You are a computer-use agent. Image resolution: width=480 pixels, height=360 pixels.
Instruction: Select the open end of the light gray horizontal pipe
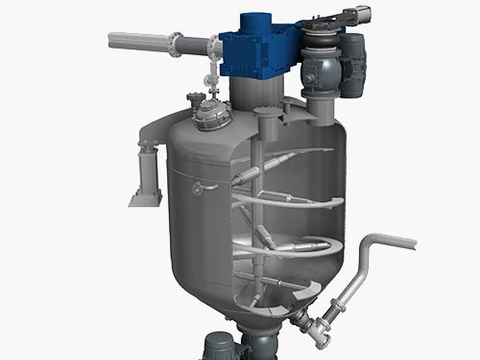[x=113, y=41]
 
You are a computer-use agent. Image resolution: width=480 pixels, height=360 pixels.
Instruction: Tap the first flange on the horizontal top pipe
[x=175, y=44]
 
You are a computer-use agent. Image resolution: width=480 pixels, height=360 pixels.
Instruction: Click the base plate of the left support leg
[x=145, y=198]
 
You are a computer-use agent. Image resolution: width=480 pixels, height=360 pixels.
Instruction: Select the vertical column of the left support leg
[x=148, y=169]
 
